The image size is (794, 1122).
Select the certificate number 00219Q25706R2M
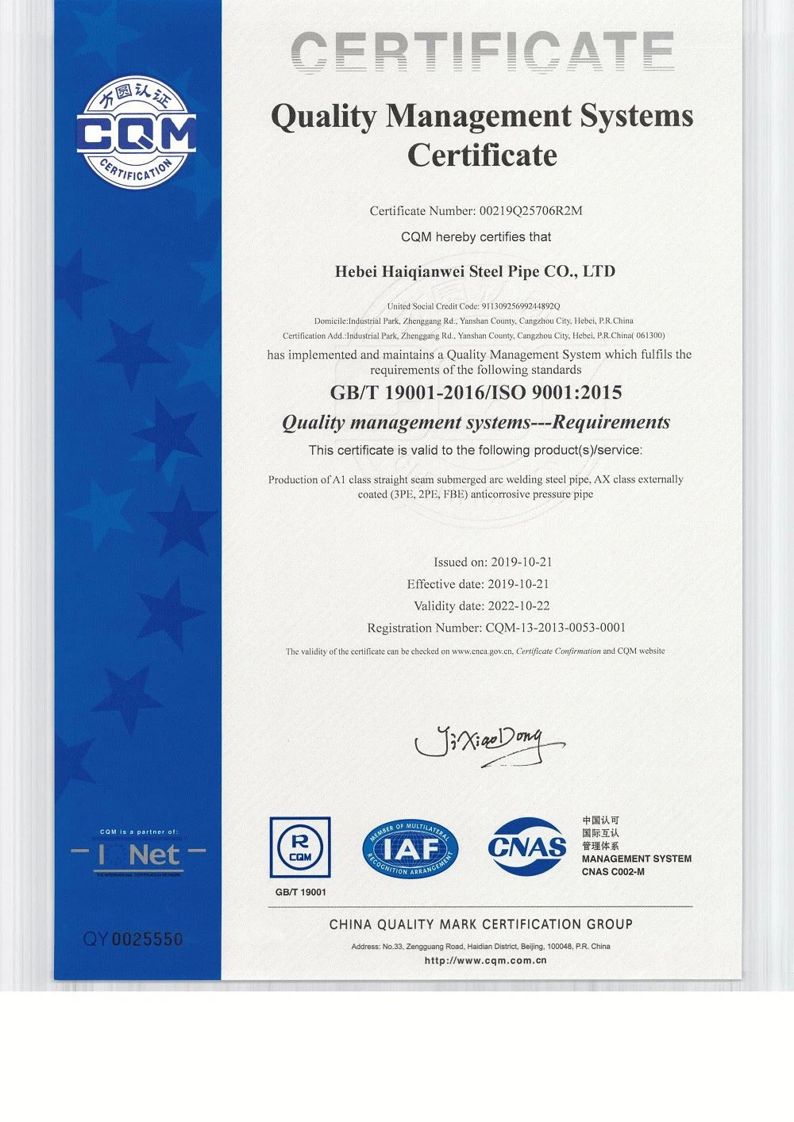coord(531,211)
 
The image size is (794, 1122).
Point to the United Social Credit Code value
coord(519,306)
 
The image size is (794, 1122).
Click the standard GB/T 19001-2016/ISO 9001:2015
coord(476,392)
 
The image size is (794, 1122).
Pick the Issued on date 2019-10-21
coord(522,562)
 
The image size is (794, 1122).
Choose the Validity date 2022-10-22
coord(520,606)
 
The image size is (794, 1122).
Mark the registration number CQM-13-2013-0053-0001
coord(554,628)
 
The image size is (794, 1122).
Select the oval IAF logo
coord(410,848)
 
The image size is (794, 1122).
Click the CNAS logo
coord(527,847)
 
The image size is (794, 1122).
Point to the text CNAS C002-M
coord(613,872)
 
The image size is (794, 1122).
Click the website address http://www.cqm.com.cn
coord(486,960)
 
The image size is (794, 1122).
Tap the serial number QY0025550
coord(133,939)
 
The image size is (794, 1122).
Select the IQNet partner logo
coord(138,855)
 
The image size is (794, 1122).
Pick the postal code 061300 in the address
coord(649,336)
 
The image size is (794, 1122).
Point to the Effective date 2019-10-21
coord(520,584)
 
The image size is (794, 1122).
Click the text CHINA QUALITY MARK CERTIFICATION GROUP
coord(480,924)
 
